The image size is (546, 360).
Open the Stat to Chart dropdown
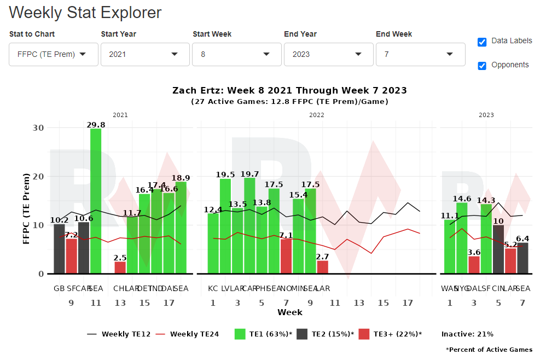coord(53,54)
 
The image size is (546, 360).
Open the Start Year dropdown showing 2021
coord(144,54)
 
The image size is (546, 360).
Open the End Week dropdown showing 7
coord(420,54)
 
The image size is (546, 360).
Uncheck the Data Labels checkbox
coord(482,42)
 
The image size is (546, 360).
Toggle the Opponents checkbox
coord(482,66)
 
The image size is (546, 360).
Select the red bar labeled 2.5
coord(120,268)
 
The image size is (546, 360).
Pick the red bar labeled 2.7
coord(323,267)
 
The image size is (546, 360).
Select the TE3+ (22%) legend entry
coord(390,334)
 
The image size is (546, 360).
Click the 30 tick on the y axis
coord(38,127)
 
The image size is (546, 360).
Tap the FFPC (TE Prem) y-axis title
coord(26,208)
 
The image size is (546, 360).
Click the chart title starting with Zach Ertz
coord(289,90)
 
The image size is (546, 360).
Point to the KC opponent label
coord(213,288)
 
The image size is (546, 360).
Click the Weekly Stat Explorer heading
coord(85,12)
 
